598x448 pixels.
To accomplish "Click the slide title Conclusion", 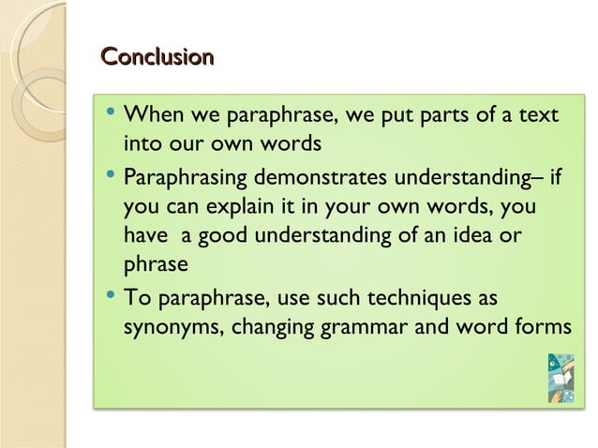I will pos(157,58).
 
